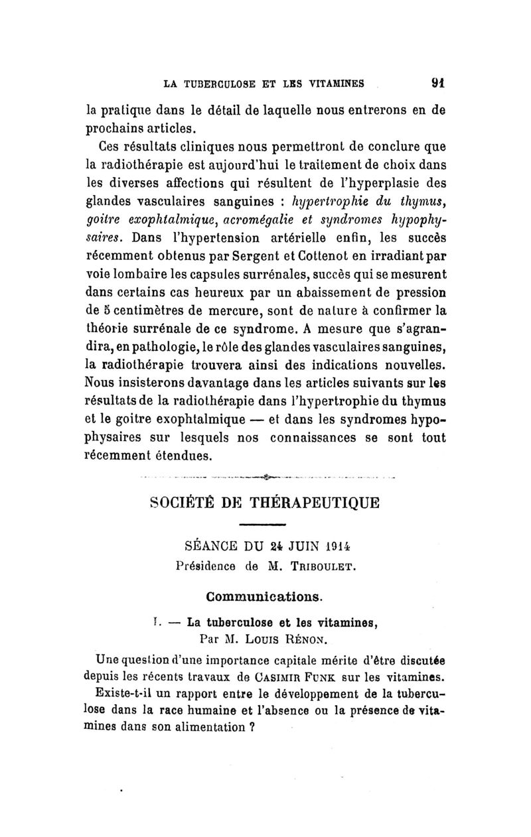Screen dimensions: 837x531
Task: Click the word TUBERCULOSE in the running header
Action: pos(214,84)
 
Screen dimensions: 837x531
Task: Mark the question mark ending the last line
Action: pos(252,726)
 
